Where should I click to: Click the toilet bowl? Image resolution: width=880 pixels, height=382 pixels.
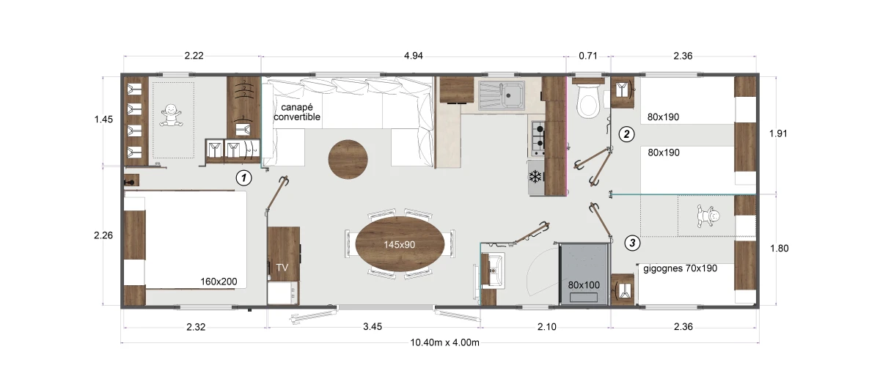pyautogui.click(x=587, y=101)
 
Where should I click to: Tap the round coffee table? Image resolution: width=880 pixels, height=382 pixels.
pyautogui.click(x=348, y=159)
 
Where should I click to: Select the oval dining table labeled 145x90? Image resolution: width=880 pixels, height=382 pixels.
pyautogui.click(x=400, y=244)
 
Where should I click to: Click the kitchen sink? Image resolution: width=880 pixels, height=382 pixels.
pyautogui.click(x=502, y=95)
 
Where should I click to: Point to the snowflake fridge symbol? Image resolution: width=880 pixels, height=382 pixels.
pyautogui.click(x=535, y=177)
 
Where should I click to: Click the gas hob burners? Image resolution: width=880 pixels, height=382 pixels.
pyautogui.click(x=538, y=138)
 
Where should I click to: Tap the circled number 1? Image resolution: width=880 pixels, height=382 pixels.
pyautogui.click(x=243, y=178)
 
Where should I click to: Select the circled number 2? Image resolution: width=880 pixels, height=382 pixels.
pyautogui.click(x=626, y=134)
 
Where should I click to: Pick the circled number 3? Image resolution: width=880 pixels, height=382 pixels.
pyautogui.click(x=632, y=243)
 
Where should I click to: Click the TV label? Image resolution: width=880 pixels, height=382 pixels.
pyautogui.click(x=282, y=268)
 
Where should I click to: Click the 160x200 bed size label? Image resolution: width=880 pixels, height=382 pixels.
pyautogui.click(x=219, y=282)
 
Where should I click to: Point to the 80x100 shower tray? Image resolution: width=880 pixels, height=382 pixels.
pyautogui.click(x=584, y=273)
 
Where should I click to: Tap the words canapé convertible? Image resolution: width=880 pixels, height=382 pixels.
pyautogui.click(x=297, y=112)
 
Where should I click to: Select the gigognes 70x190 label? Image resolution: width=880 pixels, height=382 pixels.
pyautogui.click(x=680, y=268)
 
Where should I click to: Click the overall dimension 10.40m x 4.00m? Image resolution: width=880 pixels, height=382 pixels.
pyautogui.click(x=444, y=342)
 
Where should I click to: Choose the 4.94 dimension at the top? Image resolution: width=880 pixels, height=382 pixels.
pyautogui.click(x=414, y=56)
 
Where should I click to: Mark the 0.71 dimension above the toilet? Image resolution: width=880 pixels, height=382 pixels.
pyautogui.click(x=588, y=56)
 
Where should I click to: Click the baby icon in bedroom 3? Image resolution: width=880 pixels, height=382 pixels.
pyautogui.click(x=708, y=216)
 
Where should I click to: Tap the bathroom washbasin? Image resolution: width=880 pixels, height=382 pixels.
pyautogui.click(x=493, y=270)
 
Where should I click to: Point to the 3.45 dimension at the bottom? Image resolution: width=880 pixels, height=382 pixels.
pyautogui.click(x=373, y=327)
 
